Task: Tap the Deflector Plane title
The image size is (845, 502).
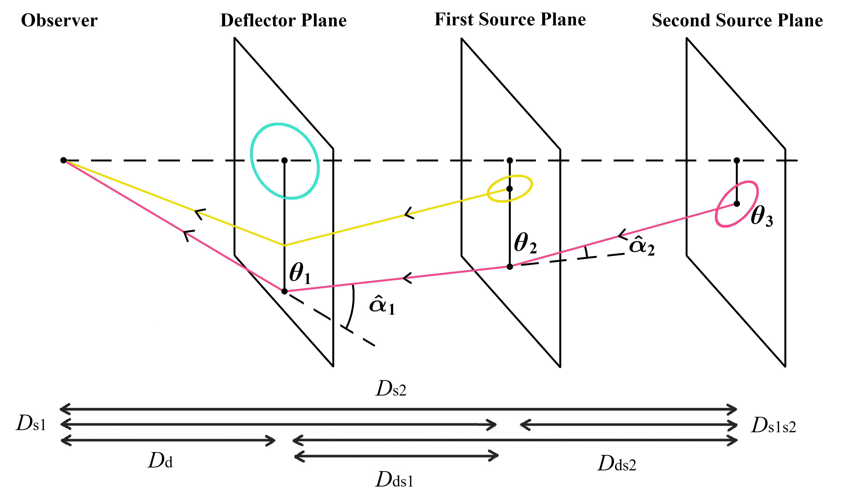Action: tap(283, 20)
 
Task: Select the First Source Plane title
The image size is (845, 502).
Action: tap(510, 19)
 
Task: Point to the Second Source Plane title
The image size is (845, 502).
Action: tap(737, 20)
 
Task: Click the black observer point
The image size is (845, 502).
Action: tap(63, 160)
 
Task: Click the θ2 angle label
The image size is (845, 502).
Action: tap(525, 243)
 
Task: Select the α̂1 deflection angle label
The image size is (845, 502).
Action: tap(382, 305)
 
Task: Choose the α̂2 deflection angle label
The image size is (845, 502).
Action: tap(641, 246)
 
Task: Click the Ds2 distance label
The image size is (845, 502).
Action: tap(391, 389)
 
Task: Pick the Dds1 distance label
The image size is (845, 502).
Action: tap(394, 480)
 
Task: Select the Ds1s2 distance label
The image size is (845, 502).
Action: tap(774, 425)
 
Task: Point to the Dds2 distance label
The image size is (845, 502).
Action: tap(617, 463)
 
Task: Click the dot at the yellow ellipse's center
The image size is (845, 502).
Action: tap(510, 189)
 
